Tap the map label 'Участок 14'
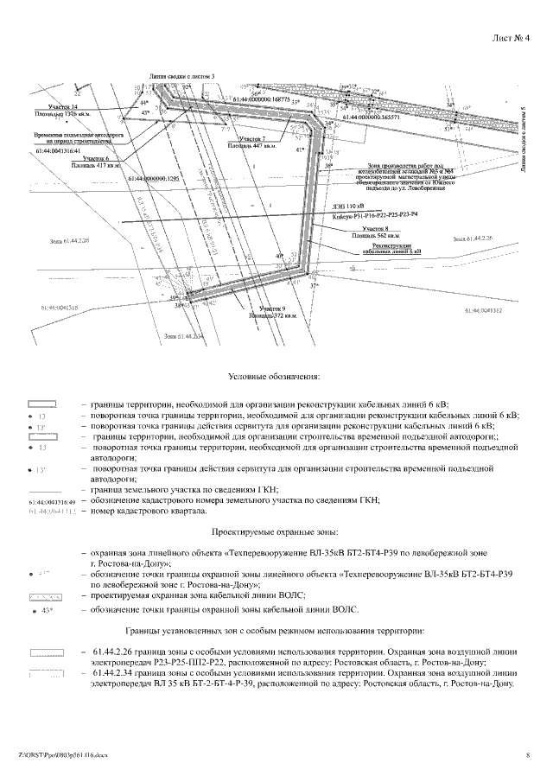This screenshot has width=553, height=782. point(63,105)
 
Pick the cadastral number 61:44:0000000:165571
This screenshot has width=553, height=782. point(372,118)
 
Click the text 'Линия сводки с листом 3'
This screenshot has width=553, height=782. point(181,76)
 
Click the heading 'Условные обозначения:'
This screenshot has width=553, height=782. point(276,377)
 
